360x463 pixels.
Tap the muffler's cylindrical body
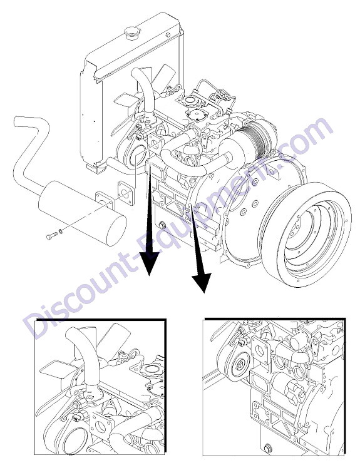(83, 213)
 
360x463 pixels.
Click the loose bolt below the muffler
(52, 236)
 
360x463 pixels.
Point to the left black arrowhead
(149, 263)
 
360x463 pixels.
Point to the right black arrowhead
(202, 282)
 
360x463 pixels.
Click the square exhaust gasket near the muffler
(125, 193)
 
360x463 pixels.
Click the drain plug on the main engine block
(162, 226)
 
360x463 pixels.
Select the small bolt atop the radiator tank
(168, 35)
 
